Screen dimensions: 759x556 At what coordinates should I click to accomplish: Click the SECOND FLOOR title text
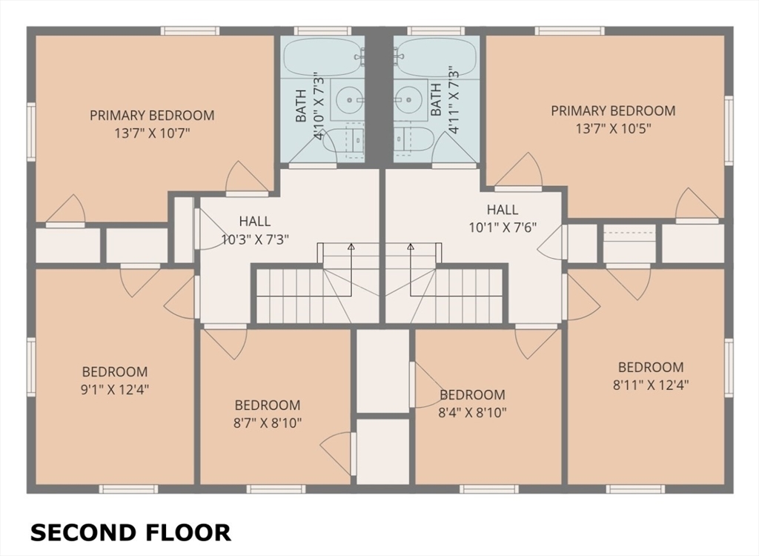(130, 533)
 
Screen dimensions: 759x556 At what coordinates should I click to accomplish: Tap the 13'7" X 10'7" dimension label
(152, 133)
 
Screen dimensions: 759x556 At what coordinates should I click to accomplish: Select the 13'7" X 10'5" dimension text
(613, 129)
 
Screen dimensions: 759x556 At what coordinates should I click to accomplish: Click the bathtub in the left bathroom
(323, 56)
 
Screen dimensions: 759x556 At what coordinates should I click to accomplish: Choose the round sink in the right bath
(409, 100)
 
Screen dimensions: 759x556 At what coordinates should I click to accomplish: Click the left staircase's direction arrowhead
(351, 247)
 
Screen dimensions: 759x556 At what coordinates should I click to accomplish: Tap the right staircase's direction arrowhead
(411, 247)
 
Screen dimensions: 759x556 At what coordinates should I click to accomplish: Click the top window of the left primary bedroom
(190, 31)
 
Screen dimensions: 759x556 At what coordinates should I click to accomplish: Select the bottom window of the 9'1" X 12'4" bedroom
(128, 489)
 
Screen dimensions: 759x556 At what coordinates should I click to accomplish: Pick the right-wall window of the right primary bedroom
(729, 130)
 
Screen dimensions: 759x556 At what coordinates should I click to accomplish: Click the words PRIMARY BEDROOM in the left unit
(152, 115)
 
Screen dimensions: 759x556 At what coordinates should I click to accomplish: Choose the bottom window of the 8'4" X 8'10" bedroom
(489, 489)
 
